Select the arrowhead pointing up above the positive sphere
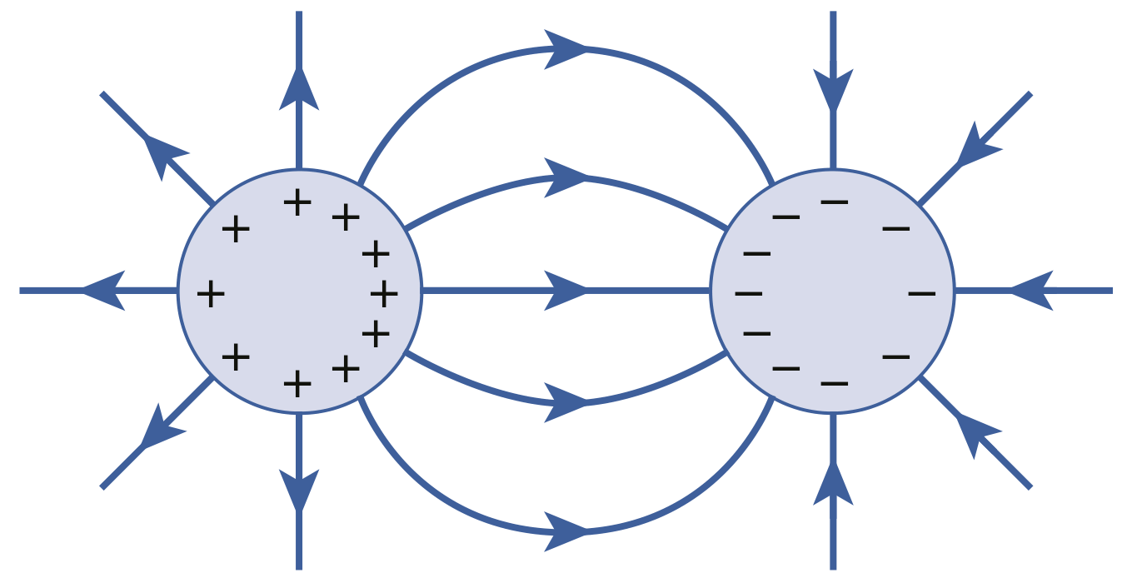299,88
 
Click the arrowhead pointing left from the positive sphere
103,291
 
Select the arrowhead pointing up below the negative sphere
833,483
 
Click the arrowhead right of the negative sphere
1033,291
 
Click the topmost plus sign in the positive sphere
297,202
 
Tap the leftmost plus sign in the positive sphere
211,293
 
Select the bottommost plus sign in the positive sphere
297,384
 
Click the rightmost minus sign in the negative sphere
921,293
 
